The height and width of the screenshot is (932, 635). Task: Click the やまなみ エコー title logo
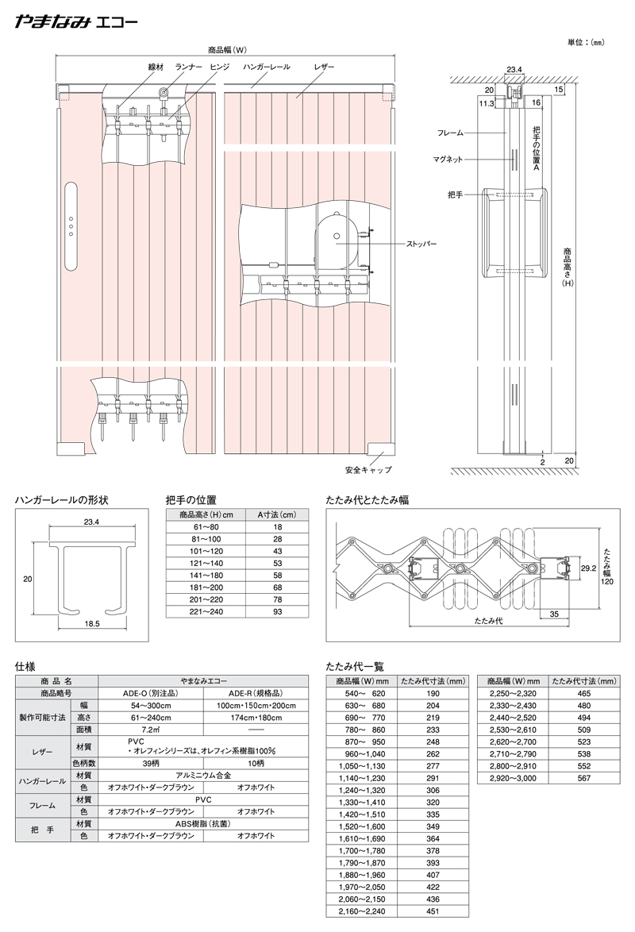click(77, 22)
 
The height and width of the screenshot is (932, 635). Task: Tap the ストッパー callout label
click(421, 245)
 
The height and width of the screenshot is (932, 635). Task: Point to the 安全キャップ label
click(368, 469)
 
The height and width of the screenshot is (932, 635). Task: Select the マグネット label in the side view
click(448, 160)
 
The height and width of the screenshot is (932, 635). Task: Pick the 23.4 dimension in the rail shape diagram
click(91, 522)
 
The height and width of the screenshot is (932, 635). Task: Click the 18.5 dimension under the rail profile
click(91, 624)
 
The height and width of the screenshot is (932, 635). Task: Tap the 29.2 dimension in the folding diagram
click(588, 568)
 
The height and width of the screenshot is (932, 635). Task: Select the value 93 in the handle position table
click(278, 611)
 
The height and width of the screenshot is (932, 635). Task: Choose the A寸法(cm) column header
click(276, 514)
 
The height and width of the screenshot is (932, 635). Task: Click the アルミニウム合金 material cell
click(203, 775)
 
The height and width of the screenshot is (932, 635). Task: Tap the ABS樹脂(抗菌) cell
click(203, 824)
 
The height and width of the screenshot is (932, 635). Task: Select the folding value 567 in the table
click(584, 778)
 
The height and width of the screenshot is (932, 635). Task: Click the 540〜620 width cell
click(361, 694)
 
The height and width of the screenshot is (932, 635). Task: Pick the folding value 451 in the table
click(433, 911)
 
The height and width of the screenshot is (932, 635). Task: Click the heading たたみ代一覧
click(354, 667)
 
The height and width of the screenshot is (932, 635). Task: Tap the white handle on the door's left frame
click(71, 227)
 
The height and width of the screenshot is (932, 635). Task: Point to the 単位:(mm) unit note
click(587, 42)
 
